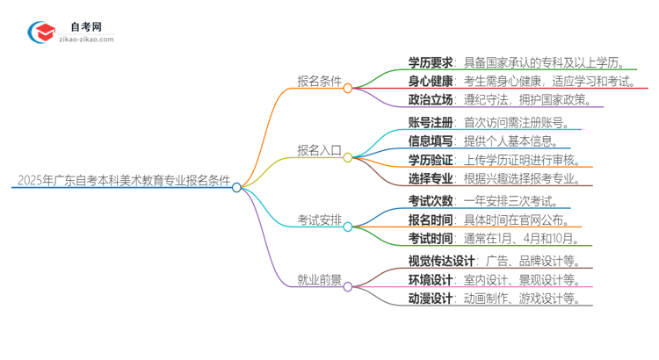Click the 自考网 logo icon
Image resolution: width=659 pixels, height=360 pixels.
tap(43, 32)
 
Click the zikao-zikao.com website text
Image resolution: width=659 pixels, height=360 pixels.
tap(86, 40)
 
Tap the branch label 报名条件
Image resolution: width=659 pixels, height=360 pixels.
tap(317, 81)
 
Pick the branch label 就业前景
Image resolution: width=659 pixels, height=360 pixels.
tap(317, 280)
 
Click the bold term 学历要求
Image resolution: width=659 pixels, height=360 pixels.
tap(431, 62)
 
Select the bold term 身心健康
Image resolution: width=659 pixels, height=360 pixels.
tap(431, 81)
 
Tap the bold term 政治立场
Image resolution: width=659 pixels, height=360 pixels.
tap(431, 100)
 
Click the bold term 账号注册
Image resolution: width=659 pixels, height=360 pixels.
tap(431, 124)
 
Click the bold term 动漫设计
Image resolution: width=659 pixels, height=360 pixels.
tap(431, 299)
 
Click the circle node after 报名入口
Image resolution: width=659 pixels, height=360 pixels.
tap(348, 157)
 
